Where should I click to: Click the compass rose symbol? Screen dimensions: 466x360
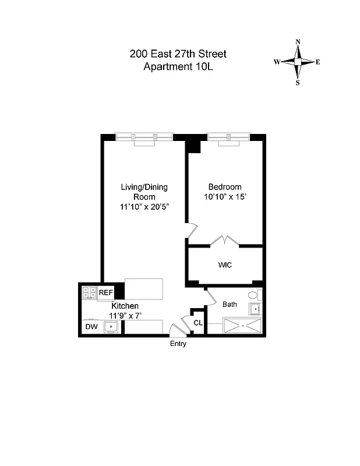tap(298, 62)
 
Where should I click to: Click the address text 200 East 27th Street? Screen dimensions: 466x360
tap(178, 54)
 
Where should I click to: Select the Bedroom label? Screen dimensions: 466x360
tap(225, 187)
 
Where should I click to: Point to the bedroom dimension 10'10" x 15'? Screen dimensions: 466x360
tap(225, 197)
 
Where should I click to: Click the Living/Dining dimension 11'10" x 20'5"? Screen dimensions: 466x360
tap(144, 207)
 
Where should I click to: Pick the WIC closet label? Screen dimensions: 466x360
tap(225, 265)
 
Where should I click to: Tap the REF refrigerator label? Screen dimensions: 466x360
tap(105, 292)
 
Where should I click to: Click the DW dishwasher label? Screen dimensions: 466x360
tap(91, 327)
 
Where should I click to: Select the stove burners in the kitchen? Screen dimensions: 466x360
tap(89, 292)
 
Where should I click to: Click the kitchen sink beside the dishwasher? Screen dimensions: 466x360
tap(111, 327)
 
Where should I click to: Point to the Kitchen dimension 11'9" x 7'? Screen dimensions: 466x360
tap(125, 316)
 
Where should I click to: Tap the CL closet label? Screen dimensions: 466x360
tap(198, 323)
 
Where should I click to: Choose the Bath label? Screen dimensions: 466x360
tap(230, 304)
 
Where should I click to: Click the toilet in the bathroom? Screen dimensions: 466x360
tap(253, 295)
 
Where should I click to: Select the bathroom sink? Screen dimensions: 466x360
tap(255, 309)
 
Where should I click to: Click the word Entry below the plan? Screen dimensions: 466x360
tap(178, 344)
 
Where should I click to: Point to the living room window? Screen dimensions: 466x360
tap(144, 137)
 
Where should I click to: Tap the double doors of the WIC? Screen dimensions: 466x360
tap(225, 240)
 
